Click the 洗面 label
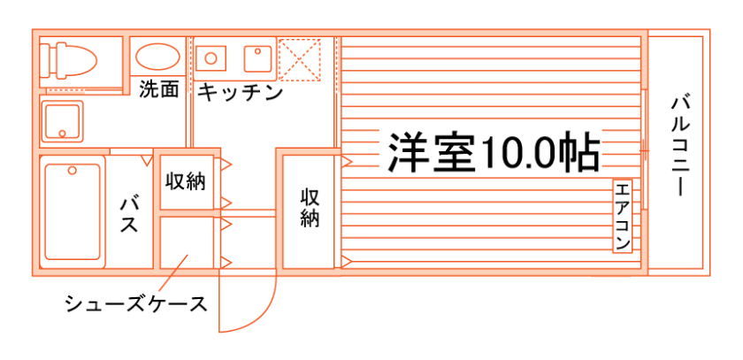159,89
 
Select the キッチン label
239,90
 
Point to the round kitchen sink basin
211,57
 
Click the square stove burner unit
258,57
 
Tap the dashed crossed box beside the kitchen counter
299,59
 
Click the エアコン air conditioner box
623,215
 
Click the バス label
129,212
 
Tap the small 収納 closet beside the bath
185,181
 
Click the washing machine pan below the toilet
62,120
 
